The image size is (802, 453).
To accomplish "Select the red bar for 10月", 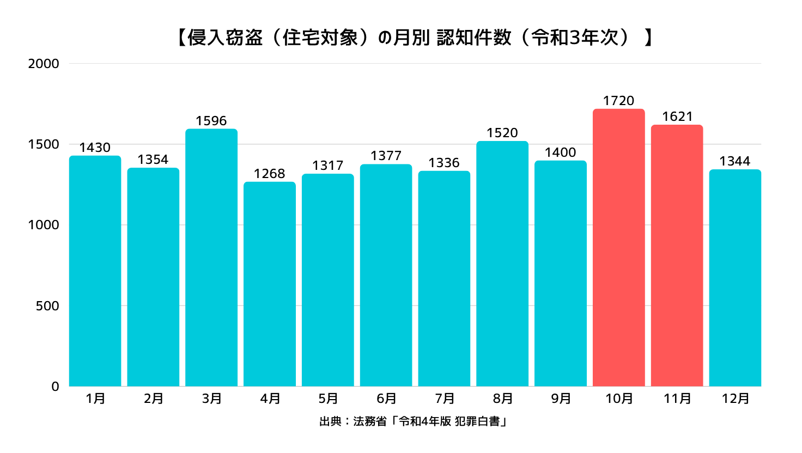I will [x=618, y=248].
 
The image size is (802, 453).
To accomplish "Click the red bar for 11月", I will [x=677, y=256].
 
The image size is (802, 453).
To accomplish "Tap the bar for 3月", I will [x=211, y=258].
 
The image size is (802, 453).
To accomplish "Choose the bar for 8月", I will [x=502, y=264].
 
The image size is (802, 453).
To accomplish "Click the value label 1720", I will [x=618, y=101].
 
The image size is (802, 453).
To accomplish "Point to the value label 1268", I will [x=270, y=174].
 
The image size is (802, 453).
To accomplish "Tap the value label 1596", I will [x=211, y=121].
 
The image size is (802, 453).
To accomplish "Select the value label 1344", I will [x=735, y=161].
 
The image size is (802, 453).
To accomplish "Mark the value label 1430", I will [x=95, y=148].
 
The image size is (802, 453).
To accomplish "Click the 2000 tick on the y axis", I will [x=44, y=64].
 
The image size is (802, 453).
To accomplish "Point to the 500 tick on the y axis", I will [x=47, y=306].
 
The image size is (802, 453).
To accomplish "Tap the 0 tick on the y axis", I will [x=55, y=387].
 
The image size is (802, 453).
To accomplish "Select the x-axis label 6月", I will [x=386, y=399].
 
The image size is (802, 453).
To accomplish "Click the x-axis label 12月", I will [x=736, y=399].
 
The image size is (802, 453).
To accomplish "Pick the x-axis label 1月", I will [x=95, y=399].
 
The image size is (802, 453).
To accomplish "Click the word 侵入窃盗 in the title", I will [x=225, y=38].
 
